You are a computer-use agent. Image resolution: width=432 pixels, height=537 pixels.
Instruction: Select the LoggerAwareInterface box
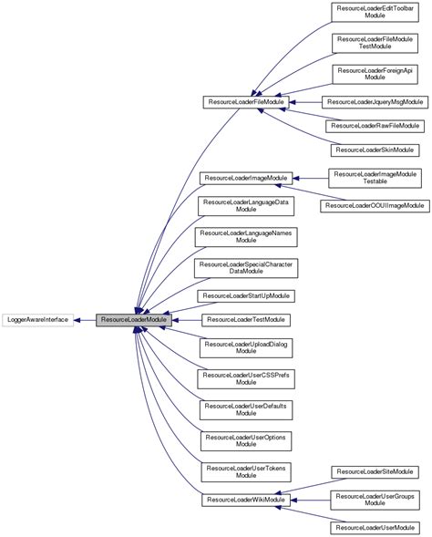click(38, 320)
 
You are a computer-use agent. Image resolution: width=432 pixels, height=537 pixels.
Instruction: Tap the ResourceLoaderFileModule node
click(247, 104)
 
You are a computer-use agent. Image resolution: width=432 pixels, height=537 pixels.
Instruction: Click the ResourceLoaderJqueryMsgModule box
click(375, 103)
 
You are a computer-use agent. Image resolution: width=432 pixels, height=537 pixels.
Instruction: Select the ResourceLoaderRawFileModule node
click(375, 126)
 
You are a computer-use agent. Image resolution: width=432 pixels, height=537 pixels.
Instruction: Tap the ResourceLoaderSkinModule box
click(375, 149)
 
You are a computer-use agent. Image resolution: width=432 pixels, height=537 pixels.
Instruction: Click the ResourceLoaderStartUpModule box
click(247, 296)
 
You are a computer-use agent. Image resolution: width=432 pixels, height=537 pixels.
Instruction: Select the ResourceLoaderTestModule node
click(247, 320)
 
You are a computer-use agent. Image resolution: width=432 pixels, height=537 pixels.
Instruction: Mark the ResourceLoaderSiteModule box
click(375, 471)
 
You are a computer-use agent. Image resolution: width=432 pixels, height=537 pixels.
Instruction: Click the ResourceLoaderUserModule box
click(375, 528)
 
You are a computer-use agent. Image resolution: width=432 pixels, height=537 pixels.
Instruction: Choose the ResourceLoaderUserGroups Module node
click(375, 500)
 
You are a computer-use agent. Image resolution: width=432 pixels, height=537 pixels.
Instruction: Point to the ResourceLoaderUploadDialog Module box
click(247, 347)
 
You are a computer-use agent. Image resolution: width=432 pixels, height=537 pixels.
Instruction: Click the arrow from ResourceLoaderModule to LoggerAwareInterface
click(87, 320)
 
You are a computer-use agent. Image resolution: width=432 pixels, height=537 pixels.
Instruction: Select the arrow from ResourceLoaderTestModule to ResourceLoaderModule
click(187, 320)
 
